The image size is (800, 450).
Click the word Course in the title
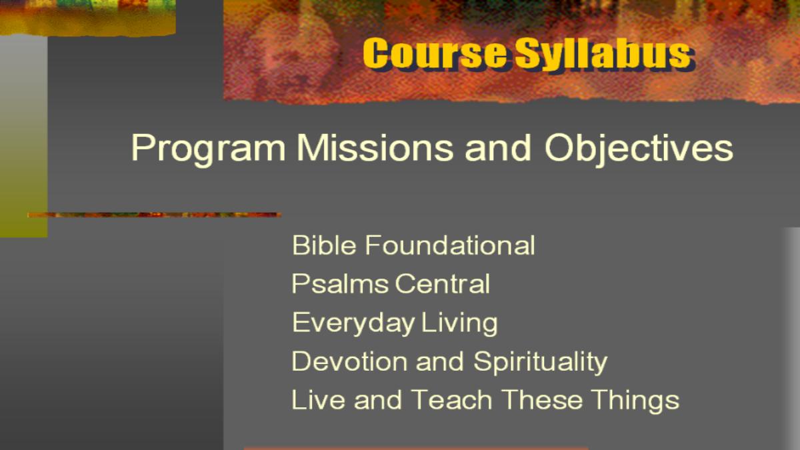click(435, 53)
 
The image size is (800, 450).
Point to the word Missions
click(375, 147)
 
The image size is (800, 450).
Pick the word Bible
click(324, 245)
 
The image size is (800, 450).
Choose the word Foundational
click(450, 245)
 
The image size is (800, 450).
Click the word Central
click(443, 284)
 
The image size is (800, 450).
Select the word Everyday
click(353, 324)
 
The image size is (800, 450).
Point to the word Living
click(459, 324)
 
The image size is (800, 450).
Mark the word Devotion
click(349, 361)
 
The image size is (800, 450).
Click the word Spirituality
click(541, 363)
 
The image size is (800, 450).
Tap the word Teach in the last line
click(451, 399)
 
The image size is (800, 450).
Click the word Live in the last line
click(319, 399)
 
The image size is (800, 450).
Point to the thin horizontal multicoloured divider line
click(155, 215)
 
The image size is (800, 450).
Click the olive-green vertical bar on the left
click(23, 136)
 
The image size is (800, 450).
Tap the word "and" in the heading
click(498, 147)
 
